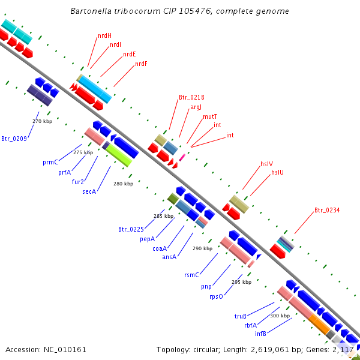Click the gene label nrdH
(105, 35)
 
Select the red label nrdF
(141, 64)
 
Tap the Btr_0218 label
(191, 97)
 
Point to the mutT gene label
(210, 116)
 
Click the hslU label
(277, 172)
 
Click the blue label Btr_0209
(14, 139)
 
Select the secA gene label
(89, 191)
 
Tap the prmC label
(50, 162)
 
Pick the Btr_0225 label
(131, 229)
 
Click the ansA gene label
(169, 257)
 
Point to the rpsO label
(216, 296)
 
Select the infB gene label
(260, 333)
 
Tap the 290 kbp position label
(202, 248)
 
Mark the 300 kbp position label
(280, 316)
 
